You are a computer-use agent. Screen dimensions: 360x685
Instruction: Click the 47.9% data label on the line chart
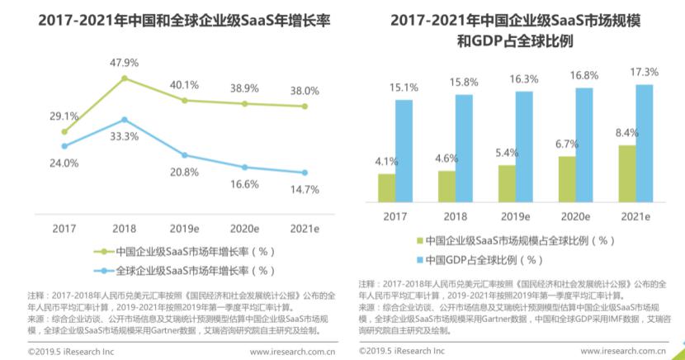point(123,62)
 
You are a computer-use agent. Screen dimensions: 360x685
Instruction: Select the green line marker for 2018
point(124,79)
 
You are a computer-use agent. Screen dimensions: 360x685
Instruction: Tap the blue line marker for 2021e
point(305,173)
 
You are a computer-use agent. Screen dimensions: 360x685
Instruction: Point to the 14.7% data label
point(305,189)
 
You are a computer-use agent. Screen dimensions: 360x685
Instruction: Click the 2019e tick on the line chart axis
point(183,227)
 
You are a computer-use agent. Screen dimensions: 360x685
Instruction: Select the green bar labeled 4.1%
point(386,187)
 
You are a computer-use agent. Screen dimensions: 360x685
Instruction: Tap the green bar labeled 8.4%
point(626,173)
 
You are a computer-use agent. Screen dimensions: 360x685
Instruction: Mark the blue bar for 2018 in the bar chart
point(464,148)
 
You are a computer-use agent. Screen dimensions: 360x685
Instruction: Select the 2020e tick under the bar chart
point(575,216)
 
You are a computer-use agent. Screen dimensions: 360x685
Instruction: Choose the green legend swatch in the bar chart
point(418,241)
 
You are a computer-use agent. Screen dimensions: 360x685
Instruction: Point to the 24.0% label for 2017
point(64,163)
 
